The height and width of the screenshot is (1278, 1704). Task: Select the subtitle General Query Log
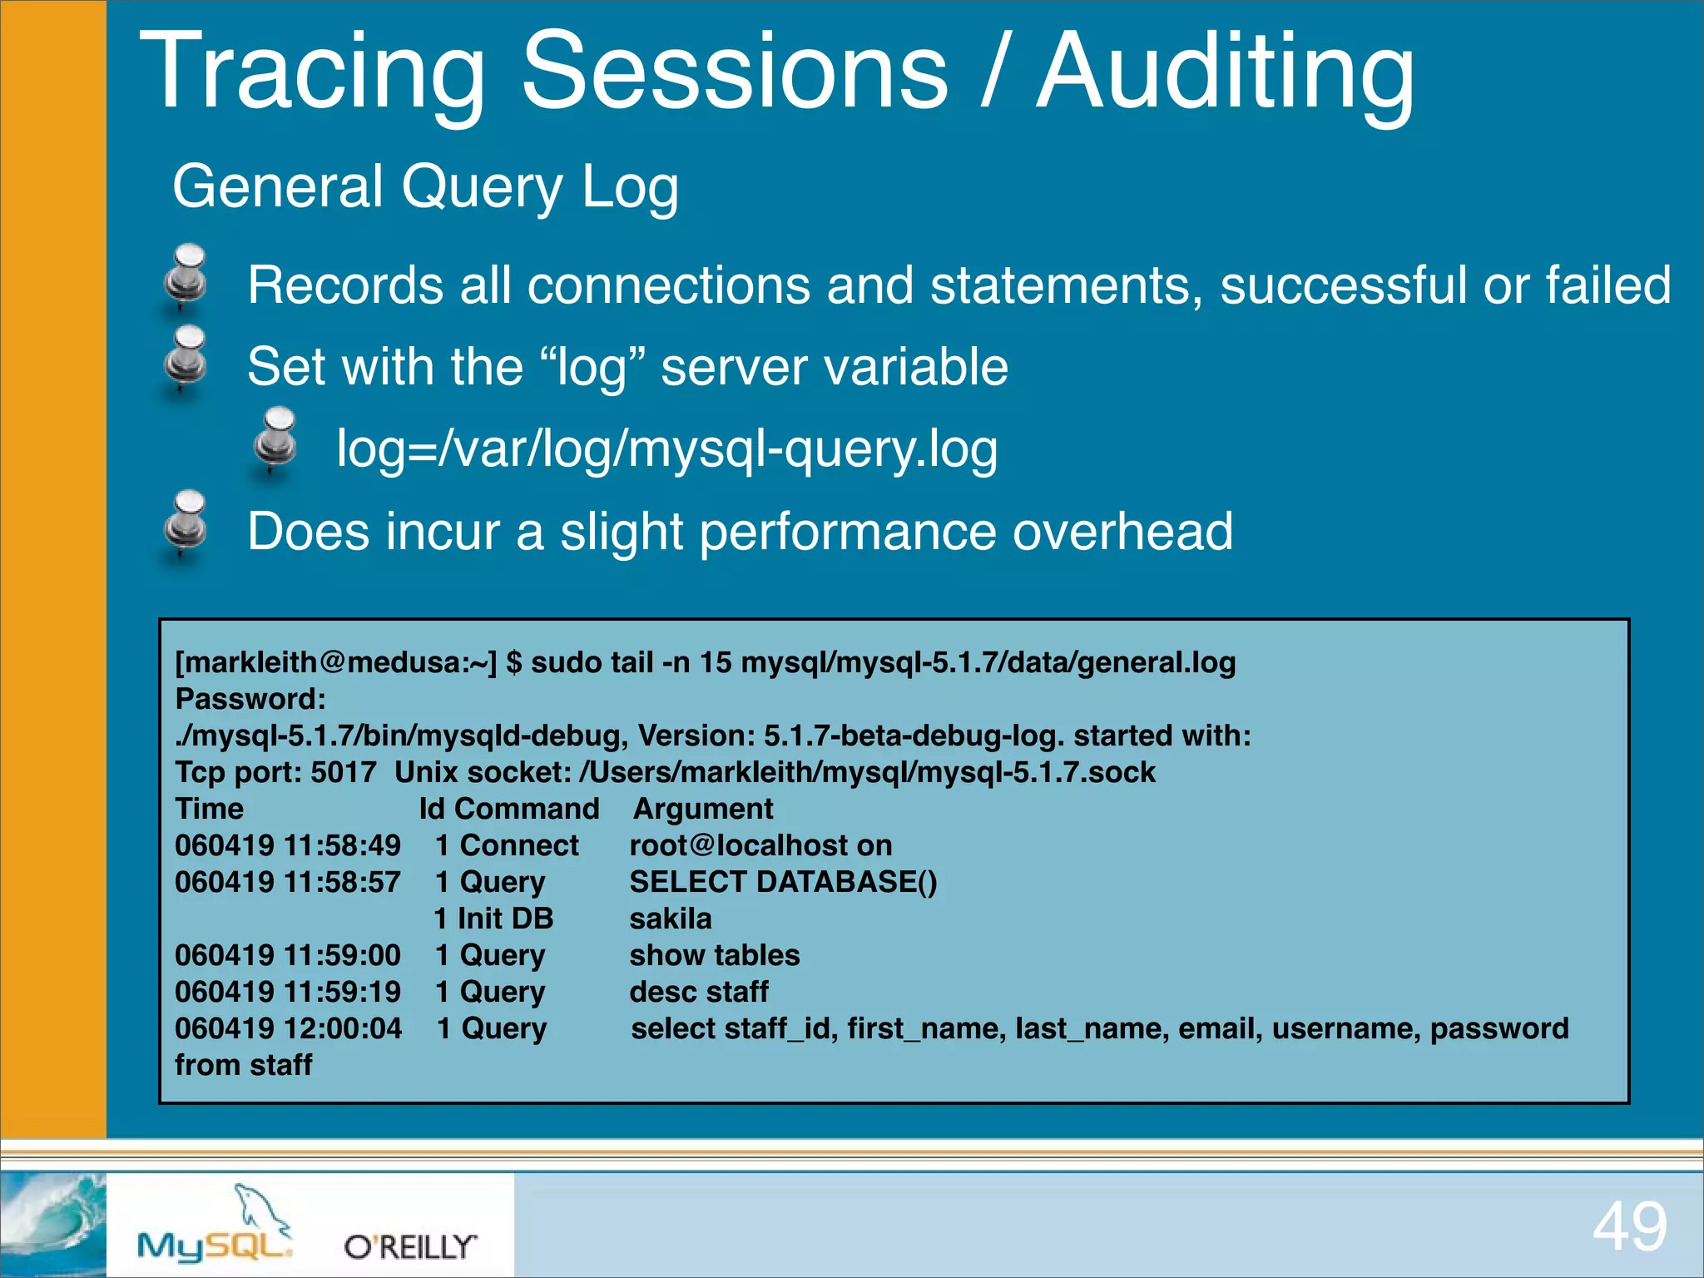click(x=425, y=186)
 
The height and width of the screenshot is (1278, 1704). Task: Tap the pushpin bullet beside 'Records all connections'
click(x=186, y=277)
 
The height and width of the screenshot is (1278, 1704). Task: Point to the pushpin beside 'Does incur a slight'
click(x=186, y=523)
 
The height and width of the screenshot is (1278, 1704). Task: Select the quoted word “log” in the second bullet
click(x=592, y=367)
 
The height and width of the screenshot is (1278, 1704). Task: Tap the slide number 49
click(x=1629, y=1226)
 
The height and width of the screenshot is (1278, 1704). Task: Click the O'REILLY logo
click(x=410, y=1246)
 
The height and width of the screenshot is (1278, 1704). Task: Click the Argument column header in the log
click(x=703, y=809)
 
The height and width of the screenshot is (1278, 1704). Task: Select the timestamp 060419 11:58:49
click(x=288, y=845)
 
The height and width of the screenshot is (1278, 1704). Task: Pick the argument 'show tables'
click(x=714, y=955)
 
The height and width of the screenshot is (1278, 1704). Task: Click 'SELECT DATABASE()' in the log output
click(x=783, y=882)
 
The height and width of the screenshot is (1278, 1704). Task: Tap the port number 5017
click(x=343, y=772)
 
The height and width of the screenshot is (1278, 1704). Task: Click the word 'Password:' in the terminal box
click(x=250, y=699)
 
